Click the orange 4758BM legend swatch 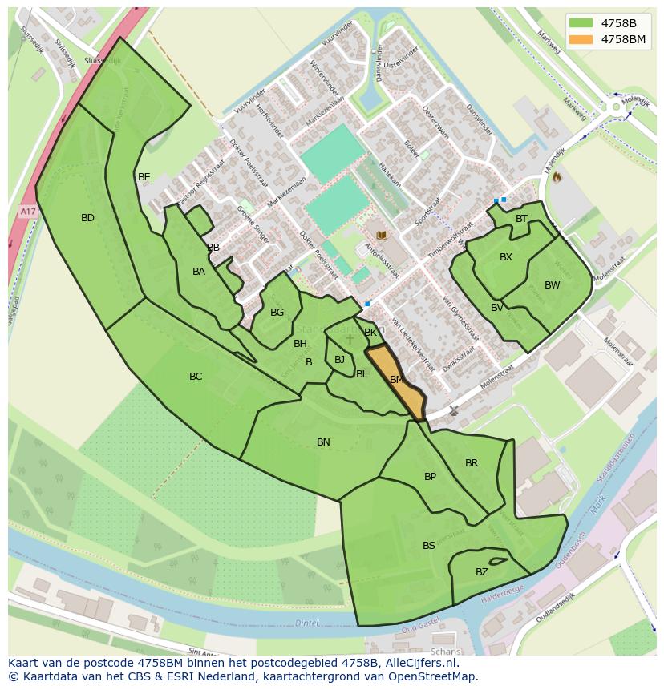[582, 39]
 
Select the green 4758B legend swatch [582, 22]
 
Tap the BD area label [87, 218]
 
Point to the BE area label [144, 177]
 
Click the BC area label [196, 377]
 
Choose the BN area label [323, 442]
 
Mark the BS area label [429, 546]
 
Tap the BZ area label [481, 572]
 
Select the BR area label [472, 463]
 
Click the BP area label [430, 477]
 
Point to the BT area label [521, 219]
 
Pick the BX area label [506, 257]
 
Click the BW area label [552, 285]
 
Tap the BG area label [277, 313]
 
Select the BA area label [199, 272]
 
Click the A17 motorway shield [28, 212]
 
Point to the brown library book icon [382, 236]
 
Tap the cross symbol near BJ [350, 339]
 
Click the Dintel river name [306, 623]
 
